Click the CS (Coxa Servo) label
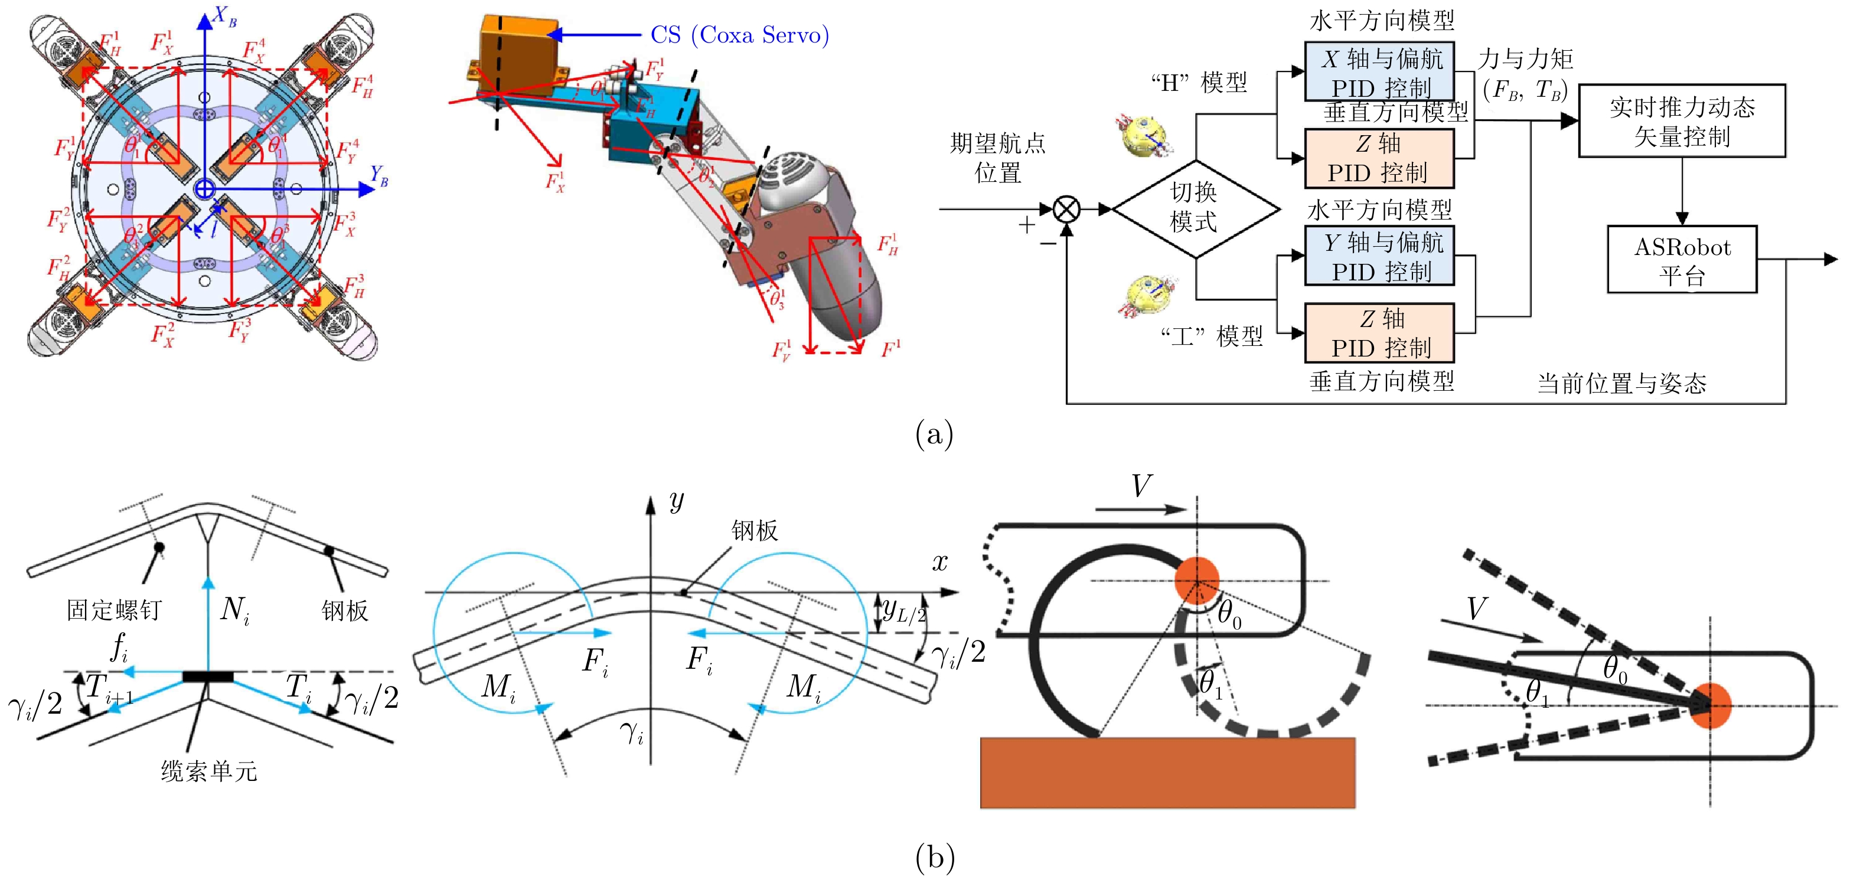point(739,35)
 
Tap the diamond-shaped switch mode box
point(1196,208)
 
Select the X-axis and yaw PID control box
point(1379,71)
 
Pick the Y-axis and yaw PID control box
point(1379,256)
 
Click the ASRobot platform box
point(1682,260)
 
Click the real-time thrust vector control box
point(1682,120)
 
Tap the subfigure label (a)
point(934,434)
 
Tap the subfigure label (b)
point(934,857)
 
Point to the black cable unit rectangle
point(208,676)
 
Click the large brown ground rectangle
point(1167,772)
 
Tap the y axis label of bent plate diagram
point(676,500)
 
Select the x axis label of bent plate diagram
point(939,562)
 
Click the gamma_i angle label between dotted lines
point(632,733)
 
